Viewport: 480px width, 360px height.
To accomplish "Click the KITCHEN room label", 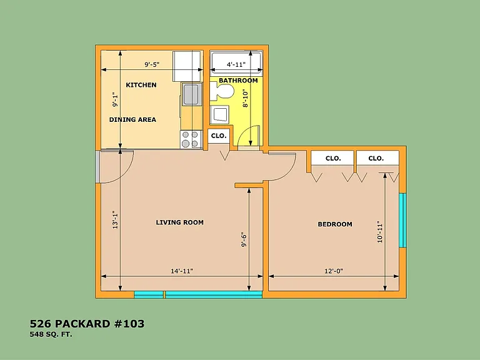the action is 141,85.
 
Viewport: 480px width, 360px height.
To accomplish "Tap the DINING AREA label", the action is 132,120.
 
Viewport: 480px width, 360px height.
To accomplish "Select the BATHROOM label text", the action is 238,81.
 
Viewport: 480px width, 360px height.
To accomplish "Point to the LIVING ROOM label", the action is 180,222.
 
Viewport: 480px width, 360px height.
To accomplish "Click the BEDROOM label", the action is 335,224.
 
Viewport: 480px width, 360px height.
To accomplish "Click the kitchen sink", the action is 192,94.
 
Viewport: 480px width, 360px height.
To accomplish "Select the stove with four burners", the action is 191,139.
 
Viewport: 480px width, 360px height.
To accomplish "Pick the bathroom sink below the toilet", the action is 219,115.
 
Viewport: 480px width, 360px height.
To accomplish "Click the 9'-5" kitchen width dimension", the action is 152,64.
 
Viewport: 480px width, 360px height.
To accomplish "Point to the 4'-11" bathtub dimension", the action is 236,64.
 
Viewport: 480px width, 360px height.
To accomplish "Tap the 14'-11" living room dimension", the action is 182,271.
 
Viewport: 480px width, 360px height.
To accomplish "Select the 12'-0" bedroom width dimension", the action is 334,271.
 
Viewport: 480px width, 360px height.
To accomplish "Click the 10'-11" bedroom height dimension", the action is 380,232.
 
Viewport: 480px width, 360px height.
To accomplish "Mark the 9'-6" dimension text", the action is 244,240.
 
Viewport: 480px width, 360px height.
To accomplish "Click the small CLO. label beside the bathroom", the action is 219,136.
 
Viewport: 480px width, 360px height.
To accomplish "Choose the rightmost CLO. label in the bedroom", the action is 376,158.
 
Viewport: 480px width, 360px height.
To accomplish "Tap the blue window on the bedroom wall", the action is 403,220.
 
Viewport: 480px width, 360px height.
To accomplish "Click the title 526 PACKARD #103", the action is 87,324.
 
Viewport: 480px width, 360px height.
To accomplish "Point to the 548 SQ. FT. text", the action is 51,334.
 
